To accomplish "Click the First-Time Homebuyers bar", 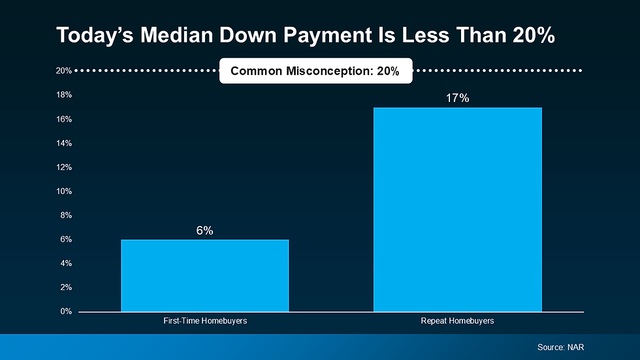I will (x=204, y=275).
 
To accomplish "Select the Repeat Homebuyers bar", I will (x=457, y=209).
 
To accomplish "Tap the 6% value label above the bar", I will (x=204, y=231).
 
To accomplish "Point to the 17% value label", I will (x=457, y=98).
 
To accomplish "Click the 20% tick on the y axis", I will (x=63, y=71).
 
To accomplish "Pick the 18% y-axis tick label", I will (x=63, y=95).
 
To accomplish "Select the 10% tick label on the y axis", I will (x=63, y=191).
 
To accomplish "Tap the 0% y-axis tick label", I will (x=65, y=312).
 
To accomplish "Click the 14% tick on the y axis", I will (x=63, y=143).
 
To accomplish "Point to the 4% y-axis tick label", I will (x=65, y=263).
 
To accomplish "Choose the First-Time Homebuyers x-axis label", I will (x=205, y=321).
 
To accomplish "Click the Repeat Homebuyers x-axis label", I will (x=457, y=321).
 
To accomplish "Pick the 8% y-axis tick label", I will (x=65, y=216).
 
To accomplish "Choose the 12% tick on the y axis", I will (x=63, y=167).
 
